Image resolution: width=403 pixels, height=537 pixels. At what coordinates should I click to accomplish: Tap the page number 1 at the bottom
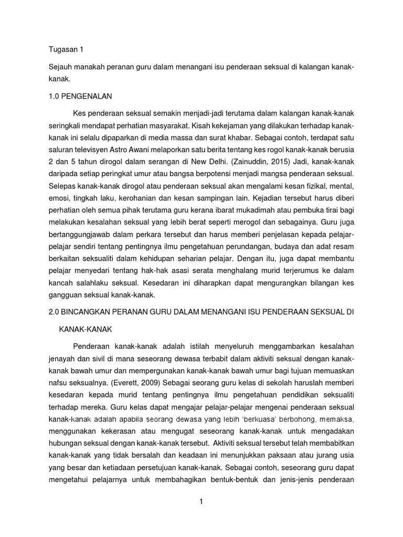[x=201, y=501]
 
